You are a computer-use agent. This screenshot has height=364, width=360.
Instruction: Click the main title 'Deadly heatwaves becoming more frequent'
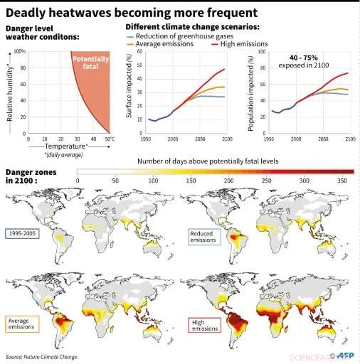coord(132,13)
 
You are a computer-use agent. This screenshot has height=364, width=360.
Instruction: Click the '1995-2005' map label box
coord(23,232)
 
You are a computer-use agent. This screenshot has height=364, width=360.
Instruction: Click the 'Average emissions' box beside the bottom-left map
coord(22,324)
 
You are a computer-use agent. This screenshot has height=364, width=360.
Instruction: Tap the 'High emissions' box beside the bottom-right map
coord(204,326)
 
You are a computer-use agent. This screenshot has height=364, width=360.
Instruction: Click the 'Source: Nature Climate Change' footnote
coord(42,356)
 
